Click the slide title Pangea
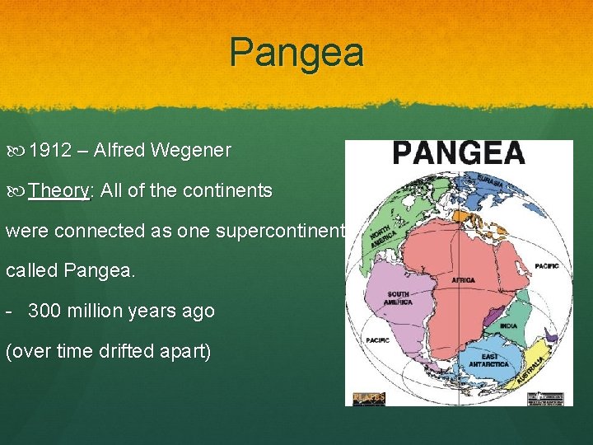pyautogui.click(x=296, y=53)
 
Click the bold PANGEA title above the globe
pyautogui.click(x=459, y=153)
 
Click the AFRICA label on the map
pyautogui.click(x=463, y=280)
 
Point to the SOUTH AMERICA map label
pyautogui.click(x=398, y=298)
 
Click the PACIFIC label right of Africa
pyautogui.click(x=546, y=266)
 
